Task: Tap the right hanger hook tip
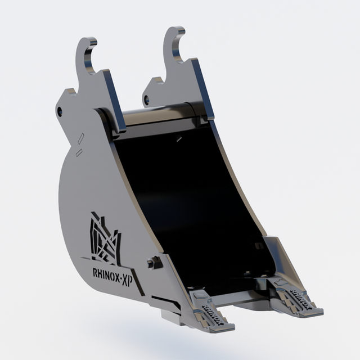coord(181,30)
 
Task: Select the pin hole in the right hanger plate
coord(146,100)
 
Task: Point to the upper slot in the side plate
coord(81,138)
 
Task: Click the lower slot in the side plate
coord(79,152)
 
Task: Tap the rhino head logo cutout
coord(105,238)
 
